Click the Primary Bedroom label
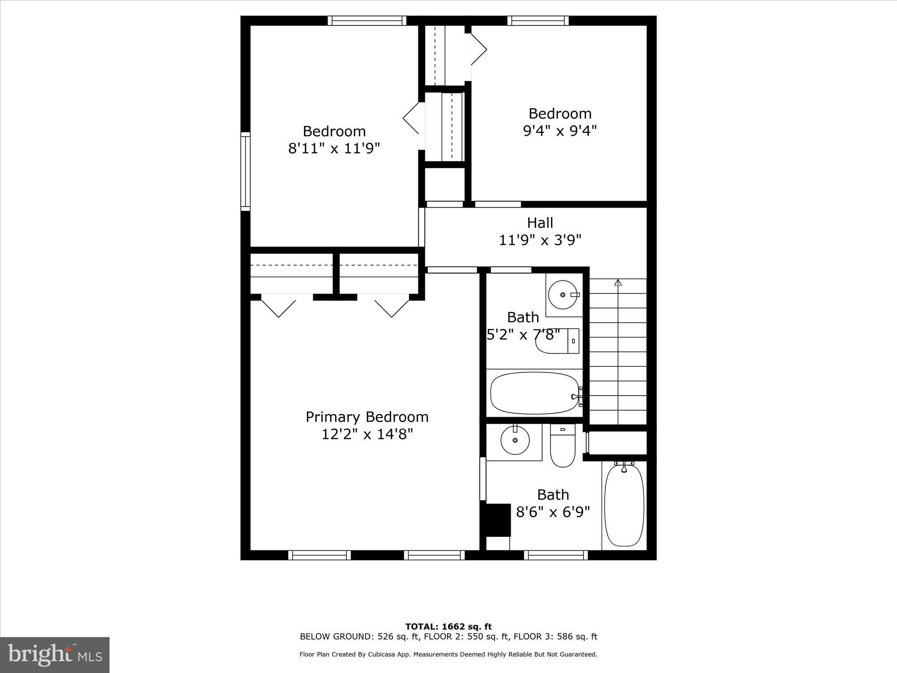(x=367, y=417)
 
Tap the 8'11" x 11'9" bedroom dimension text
(x=334, y=149)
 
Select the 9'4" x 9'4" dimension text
(x=560, y=131)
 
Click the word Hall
(x=540, y=223)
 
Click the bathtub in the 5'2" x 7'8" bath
(x=535, y=393)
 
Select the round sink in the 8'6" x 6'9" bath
(x=515, y=440)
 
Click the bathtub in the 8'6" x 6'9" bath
(x=624, y=505)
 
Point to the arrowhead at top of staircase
(x=618, y=283)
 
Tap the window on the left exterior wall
(x=245, y=171)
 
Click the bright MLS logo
(x=55, y=655)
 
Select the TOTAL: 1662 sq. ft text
(x=448, y=627)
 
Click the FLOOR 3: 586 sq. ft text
(x=555, y=637)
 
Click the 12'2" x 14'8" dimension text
(x=367, y=434)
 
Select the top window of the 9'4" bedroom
(x=538, y=21)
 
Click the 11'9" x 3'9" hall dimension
(x=540, y=240)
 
